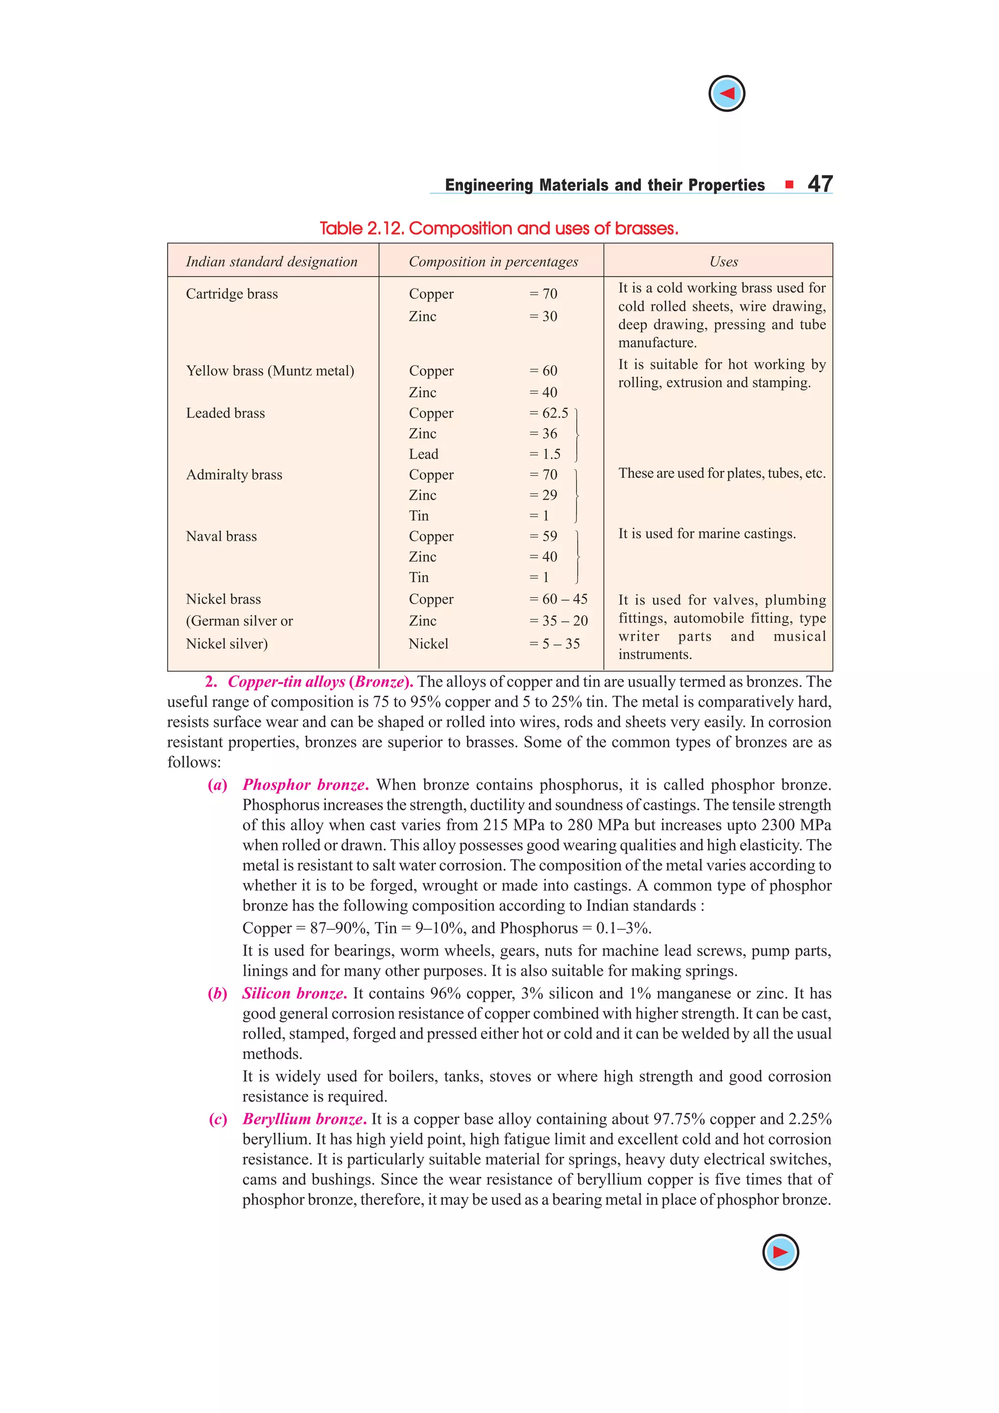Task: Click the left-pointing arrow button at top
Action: click(x=726, y=94)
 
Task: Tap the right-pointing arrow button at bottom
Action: click(x=780, y=1252)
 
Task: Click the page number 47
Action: click(x=820, y=184)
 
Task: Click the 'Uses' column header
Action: click(x=723, y=261)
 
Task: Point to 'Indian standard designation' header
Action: click(x=271, y=261)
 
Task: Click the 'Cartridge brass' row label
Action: click(x=232, y=294)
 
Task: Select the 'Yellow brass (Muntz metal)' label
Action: click(x=270, y=371)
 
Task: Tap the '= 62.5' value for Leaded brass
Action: click(x=549, y=413)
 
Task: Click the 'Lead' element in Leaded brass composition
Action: click(x=423, y=454)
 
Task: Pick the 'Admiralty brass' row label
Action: click(x=234, y=474)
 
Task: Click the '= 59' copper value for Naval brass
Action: click(x=543, y=536)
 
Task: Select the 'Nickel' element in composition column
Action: click(x=428, y=644)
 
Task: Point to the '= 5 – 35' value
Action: click(x=555, y=644)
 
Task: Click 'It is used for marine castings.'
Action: click(x=707, y=533)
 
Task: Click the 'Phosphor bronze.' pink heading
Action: click(x=305, y=785)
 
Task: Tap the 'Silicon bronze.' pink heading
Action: click(x=294, y=993)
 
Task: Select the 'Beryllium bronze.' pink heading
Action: click(x=304, y=1119)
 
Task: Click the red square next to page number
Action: click(x=789, y=184)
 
